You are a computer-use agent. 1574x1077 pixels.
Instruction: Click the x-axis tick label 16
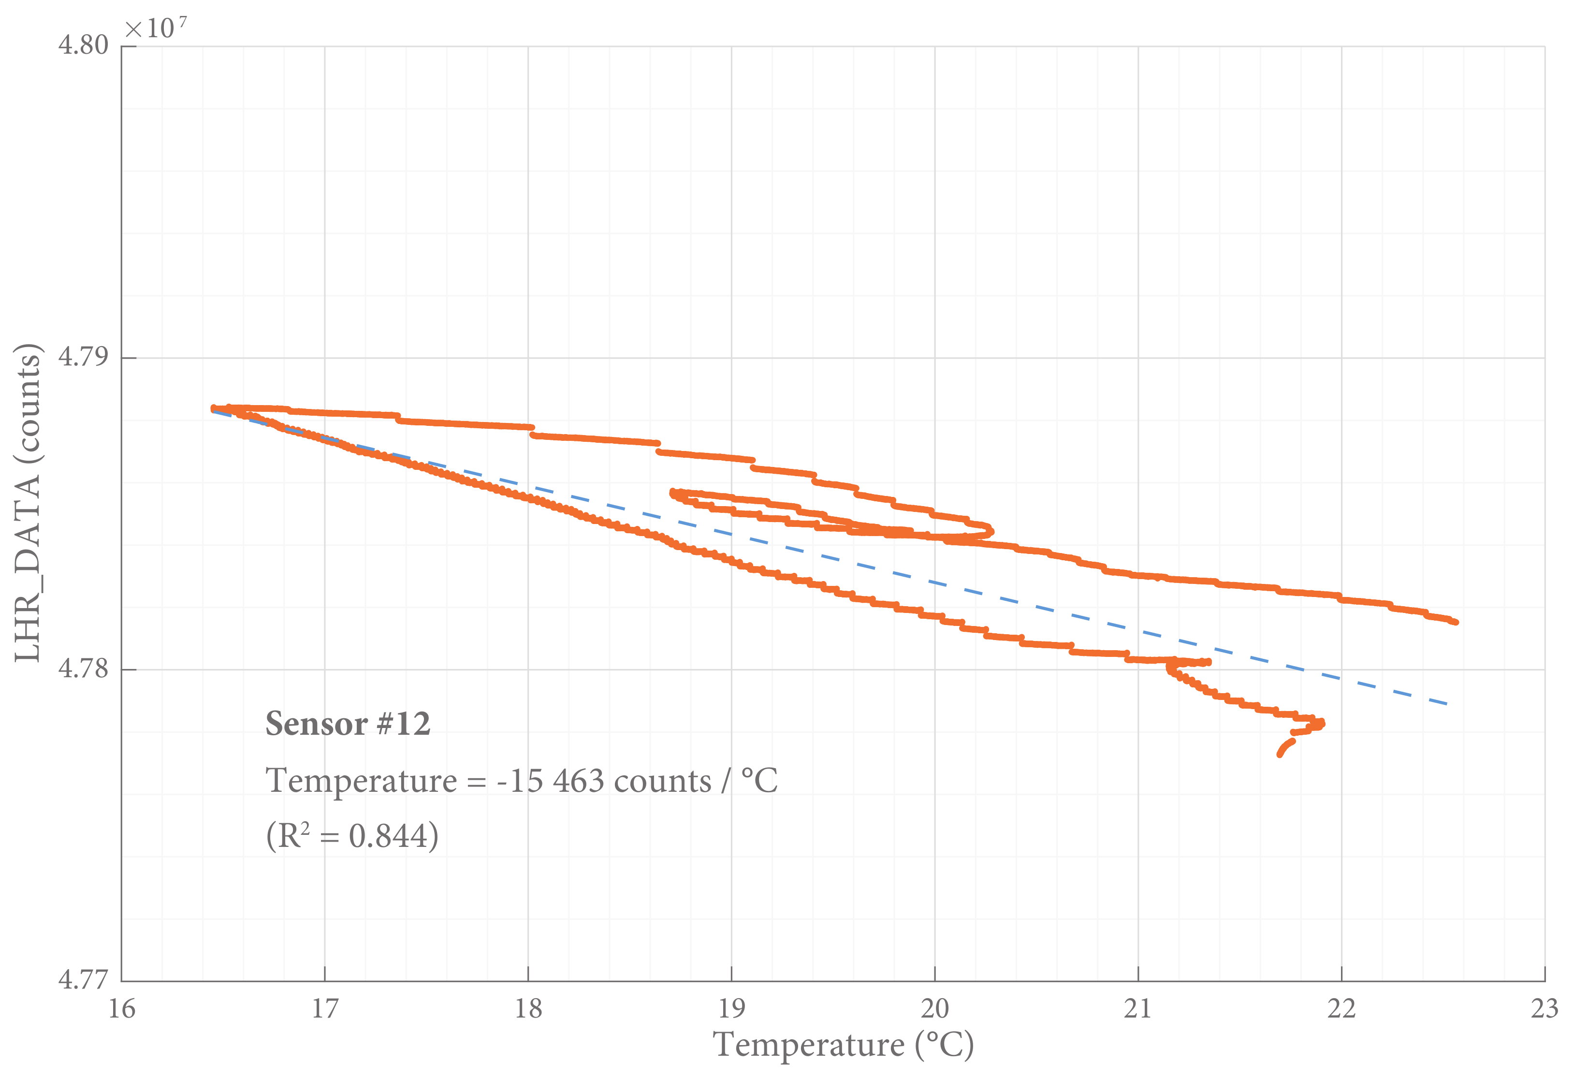pos(122,1009)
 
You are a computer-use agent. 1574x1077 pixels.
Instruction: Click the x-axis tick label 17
pos(324,1009)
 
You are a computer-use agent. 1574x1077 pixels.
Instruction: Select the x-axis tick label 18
pos(528,1009)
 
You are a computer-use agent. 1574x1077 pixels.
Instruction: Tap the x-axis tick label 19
pos(731,1009)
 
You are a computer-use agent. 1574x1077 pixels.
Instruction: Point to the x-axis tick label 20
pos(934,1009)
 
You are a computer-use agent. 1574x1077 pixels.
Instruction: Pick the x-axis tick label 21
pos(1138,1009)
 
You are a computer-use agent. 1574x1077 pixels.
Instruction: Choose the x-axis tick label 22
pos(1341,1009)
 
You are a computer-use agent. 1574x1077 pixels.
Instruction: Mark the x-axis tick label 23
pos(1544,1009)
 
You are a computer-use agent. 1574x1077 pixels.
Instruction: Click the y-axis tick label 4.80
pos(83,45)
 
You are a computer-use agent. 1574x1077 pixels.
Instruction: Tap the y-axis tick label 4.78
pos(83,669)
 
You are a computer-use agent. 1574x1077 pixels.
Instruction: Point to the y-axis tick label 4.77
pos(83,980)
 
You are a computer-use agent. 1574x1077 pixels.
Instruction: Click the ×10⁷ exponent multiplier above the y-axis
pos(156,29)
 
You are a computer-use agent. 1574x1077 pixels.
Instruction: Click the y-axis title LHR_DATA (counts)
pos(29,503)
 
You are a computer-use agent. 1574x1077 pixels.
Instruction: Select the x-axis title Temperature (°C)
pos(843,1045)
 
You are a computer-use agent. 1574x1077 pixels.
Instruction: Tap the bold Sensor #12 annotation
pos(348,724)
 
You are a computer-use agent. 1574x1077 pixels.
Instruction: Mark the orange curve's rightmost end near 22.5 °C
pos(1456,622)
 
